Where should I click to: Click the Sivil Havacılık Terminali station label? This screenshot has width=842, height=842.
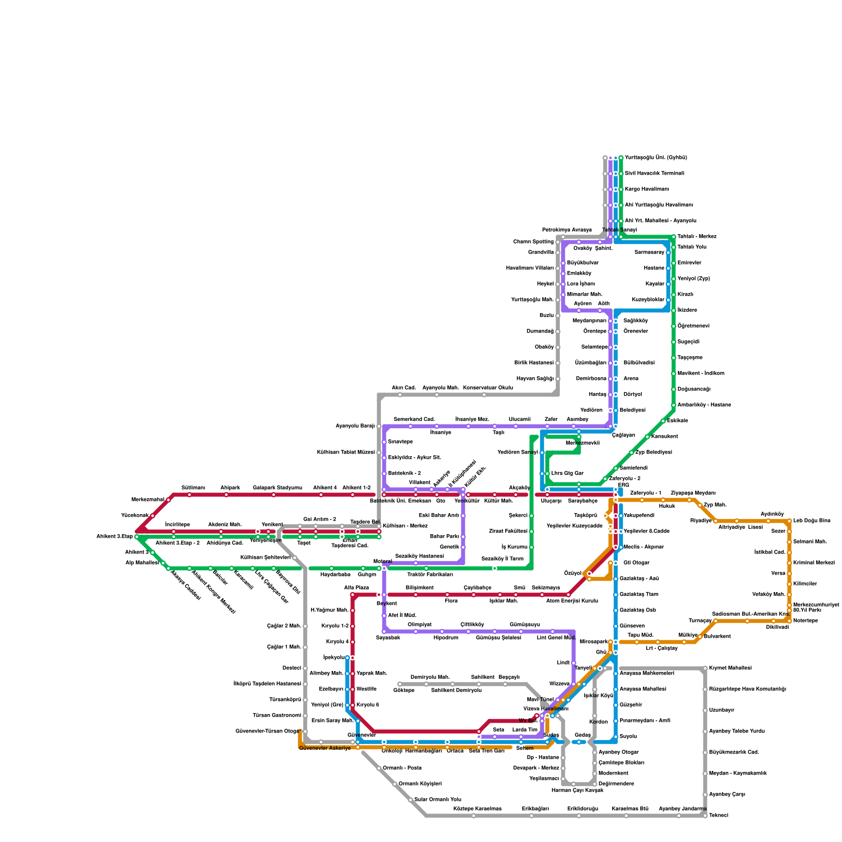(x=654, y=174)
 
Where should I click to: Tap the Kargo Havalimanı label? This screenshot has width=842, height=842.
(x=647, y=189)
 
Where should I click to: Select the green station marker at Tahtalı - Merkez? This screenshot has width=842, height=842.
(x=674, y=237)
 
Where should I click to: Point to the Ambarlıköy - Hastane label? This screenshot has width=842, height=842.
(x=704, y=405)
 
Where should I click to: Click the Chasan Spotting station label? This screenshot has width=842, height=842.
(x=533, y=242)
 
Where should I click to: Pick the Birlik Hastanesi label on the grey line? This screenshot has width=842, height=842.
(x=534, y=363)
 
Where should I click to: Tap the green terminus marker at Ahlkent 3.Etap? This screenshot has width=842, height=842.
(x=137, y=537)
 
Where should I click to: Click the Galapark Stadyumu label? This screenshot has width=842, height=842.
(x=277, y=488)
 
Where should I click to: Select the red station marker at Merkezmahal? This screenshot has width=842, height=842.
(x=168, y=500)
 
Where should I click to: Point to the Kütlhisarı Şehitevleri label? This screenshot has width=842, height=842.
(x=265, y=558)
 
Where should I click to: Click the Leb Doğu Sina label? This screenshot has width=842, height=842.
(x=811, y=521)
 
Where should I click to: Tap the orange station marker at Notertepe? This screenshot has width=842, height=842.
(x=789, y=621)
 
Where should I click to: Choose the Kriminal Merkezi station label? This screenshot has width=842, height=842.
(x=814, y=563)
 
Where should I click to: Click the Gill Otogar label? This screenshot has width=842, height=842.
(x=636, y=563)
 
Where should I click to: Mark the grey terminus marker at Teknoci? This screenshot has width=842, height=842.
(x=705, y=816)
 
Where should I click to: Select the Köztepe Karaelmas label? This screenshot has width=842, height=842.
(x=477, y=809)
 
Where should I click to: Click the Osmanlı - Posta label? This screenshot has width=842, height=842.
(x=402, y=768)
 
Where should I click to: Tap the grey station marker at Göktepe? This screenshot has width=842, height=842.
(x=400, y=684)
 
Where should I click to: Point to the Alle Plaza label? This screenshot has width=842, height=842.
(x=356, y=588)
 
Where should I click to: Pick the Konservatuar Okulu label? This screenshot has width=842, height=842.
(x=488, y=388)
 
